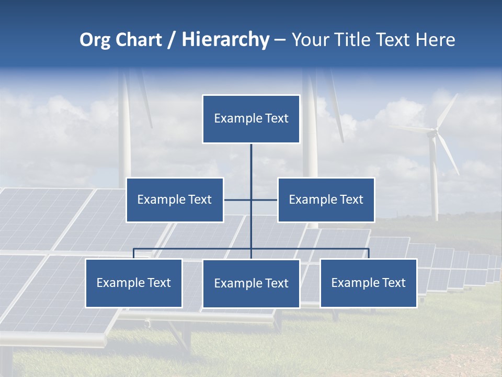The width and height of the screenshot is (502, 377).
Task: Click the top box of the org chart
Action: click(251, 119)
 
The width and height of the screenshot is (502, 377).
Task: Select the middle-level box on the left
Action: click(175, 199)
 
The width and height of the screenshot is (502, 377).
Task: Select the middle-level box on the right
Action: click(326, 199)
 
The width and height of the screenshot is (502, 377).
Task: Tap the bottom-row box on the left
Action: click(134, 283)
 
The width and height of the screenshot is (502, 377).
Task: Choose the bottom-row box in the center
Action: click(251, 283)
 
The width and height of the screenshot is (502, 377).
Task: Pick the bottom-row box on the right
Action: click(368, 283)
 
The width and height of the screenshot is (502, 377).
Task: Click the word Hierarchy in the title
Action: click(225, 40)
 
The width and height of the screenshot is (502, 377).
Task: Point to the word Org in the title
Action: click(95, 40)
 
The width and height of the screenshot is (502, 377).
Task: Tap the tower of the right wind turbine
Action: click(433, 183)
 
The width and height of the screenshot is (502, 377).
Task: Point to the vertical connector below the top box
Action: click(251, 162)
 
